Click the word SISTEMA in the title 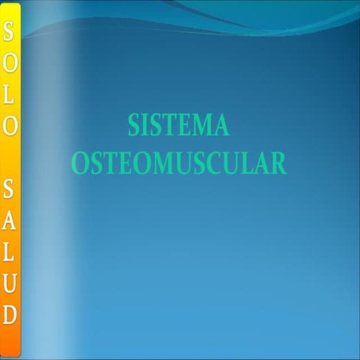pyautogui.click(x=178, y=125)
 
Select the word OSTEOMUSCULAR pyautogui.click(x=178, y=163)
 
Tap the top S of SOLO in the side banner pyautogui.click(x=10, y=31)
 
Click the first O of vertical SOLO pyautogui.click(x=10, y=62)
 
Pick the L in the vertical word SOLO pyautogui.click(x=10, y=94)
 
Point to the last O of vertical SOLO pyautogui.click(x=10, y=126)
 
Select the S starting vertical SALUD pyautogui.click(x=10, y=188)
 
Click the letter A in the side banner pyautogui.click(x=10, y=220)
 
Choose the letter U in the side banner pyautogui.click(x=10, y=282)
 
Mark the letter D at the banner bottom pyautogui.click(x=10, y=313)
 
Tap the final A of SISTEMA pyautogui.click(x=220, y=125)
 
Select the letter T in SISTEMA pyautogui.click(x=168, y=125)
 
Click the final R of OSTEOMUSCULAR pyautogui.click(x=278, y=163)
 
